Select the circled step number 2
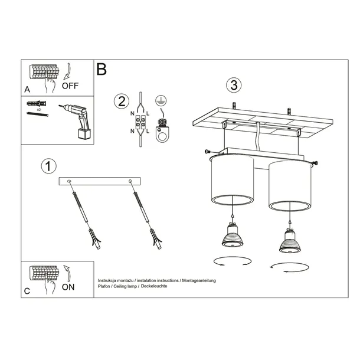122,101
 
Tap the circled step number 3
234,85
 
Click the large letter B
102,70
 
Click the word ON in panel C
68,287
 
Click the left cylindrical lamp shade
232,180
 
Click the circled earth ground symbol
159,100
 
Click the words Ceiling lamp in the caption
125,286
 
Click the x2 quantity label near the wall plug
38,110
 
